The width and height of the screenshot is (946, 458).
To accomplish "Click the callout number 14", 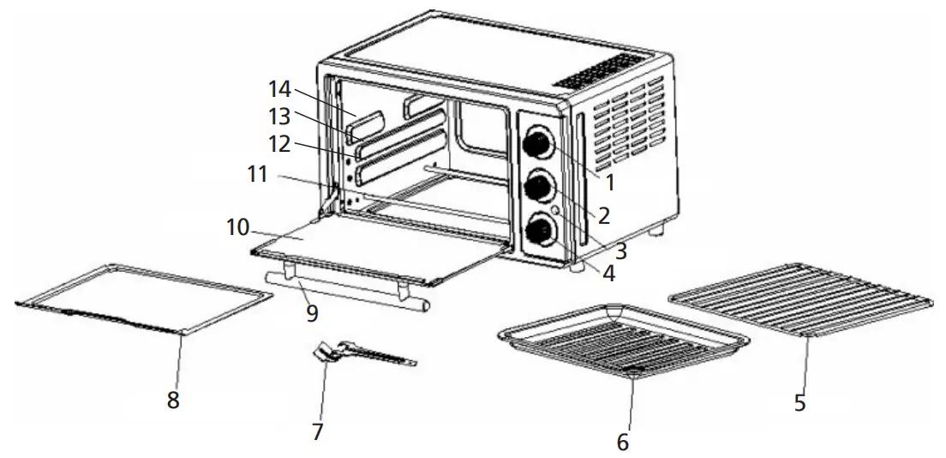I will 279,89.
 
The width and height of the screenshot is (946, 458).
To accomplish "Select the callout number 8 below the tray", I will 174,401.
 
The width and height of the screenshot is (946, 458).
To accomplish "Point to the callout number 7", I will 318,431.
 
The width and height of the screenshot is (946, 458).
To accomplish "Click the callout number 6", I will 623,442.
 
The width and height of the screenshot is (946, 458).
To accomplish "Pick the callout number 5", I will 799,401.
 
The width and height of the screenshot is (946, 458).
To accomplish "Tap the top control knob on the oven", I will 539,143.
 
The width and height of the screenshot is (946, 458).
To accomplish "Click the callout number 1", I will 609,182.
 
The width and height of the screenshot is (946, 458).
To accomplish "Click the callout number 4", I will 608,275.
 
